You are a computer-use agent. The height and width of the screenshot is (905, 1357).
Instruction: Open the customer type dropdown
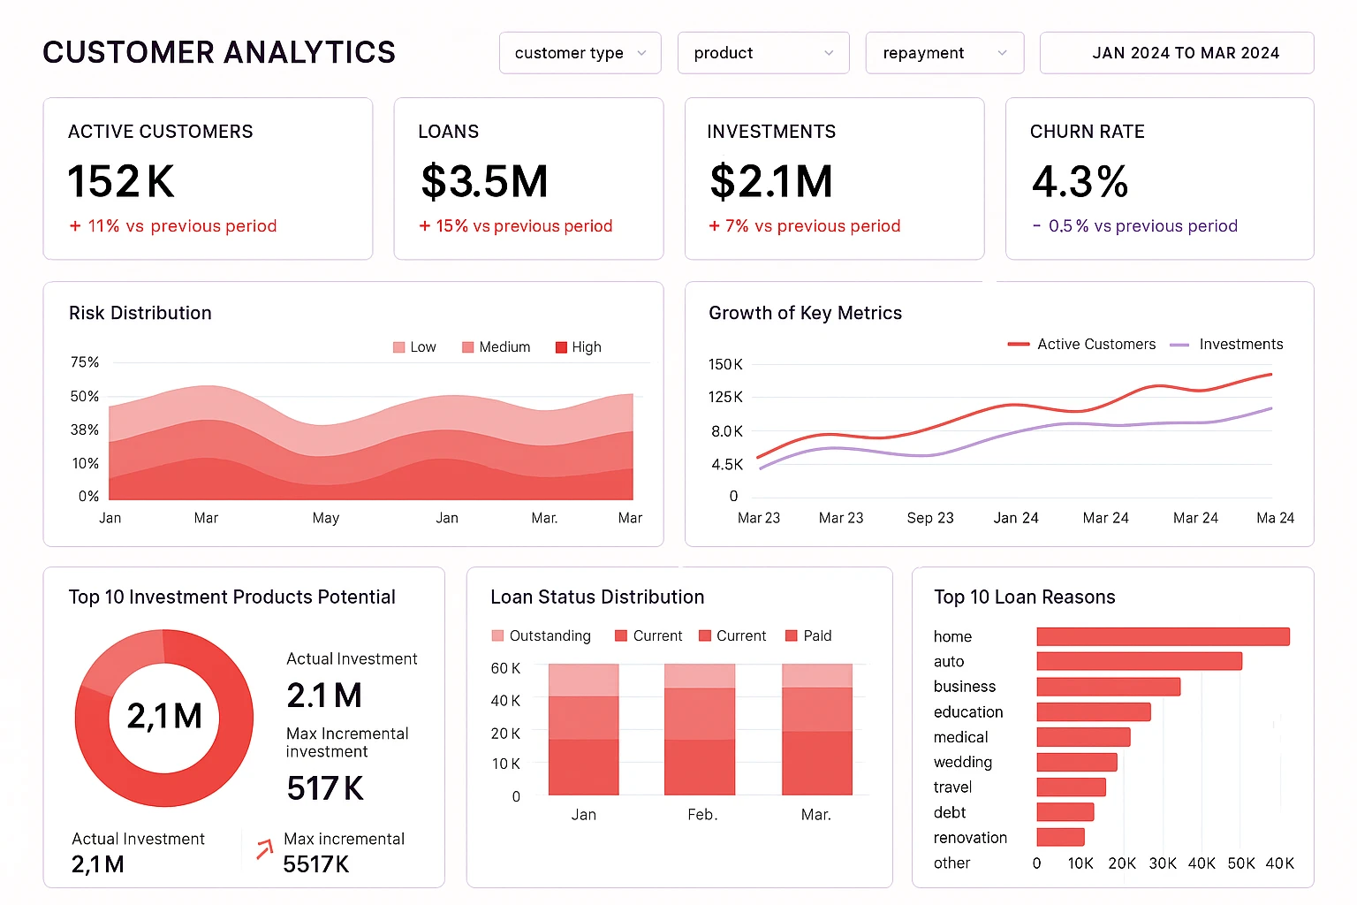[580, 53]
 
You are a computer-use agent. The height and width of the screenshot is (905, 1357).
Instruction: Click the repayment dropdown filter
[944, 53]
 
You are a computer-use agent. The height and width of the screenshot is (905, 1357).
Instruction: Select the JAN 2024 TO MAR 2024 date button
[1176, 53]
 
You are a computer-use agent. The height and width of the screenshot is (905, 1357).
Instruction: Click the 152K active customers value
[121, 182]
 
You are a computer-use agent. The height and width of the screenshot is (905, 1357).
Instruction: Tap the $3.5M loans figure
[484, 182]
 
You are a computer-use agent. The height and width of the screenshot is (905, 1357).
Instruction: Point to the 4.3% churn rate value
[1080, 182]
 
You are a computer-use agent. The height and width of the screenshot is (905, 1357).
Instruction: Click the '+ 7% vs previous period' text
[804, 226]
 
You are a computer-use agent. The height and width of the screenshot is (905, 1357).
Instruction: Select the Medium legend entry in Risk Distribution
[497, 347]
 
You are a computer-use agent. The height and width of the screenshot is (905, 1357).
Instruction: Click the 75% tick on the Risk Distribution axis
[85, 362]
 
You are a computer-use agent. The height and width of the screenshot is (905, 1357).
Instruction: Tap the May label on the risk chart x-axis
[325, 518]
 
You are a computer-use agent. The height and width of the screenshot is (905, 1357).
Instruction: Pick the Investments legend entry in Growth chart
[1228, 345]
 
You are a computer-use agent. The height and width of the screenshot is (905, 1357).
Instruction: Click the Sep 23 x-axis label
[930, 518]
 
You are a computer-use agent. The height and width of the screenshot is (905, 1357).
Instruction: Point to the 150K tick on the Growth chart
[725, 364]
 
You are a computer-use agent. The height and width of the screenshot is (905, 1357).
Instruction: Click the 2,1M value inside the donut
[164, 716]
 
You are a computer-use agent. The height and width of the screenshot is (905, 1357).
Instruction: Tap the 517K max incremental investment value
[325, 788]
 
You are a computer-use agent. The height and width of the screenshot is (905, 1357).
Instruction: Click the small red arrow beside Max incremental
[264, 850]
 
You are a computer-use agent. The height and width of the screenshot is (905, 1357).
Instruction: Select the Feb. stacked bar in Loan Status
[699, 730]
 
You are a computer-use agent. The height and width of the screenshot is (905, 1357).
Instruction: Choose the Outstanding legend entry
[541, 636]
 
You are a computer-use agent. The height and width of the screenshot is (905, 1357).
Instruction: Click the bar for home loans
[1163, 636]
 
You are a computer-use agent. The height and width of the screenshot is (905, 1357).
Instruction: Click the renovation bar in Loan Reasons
[1060, 837]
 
